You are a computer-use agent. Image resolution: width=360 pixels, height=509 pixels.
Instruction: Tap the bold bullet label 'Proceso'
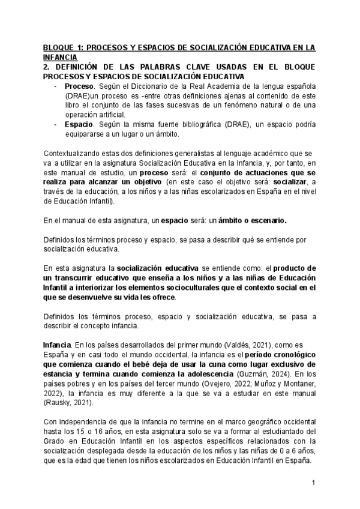[x=79, y=86]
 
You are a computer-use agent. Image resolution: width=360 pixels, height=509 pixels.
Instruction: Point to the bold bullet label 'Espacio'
[x=79, y=124]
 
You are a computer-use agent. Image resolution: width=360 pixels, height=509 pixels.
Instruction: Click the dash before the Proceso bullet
[x=56, y=86]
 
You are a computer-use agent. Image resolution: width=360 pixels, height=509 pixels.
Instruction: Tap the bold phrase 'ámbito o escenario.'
[x=253, y=220]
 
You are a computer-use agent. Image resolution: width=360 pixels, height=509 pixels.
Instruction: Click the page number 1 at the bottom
[x=313, y=482]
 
